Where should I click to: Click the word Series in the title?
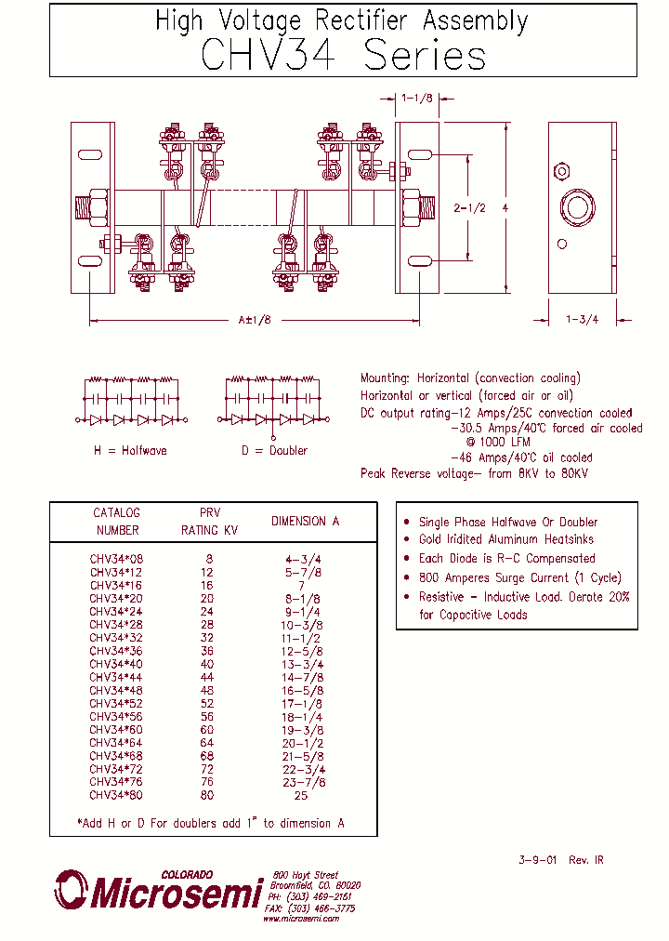tap(425, 56)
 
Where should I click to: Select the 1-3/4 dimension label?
tap(582, 319)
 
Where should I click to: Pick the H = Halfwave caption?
tap(130, 450)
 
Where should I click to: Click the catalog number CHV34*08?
tap(116, 559)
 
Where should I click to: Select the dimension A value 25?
tap(301, 795)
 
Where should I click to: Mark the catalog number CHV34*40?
tap(116, 664)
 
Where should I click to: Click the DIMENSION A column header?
tap(305, 521)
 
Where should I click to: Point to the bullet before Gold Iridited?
tap(407, 539)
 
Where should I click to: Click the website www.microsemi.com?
tap(300, 918)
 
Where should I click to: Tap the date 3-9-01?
tap(537, 860)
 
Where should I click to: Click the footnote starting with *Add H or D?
tap(210, 823)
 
